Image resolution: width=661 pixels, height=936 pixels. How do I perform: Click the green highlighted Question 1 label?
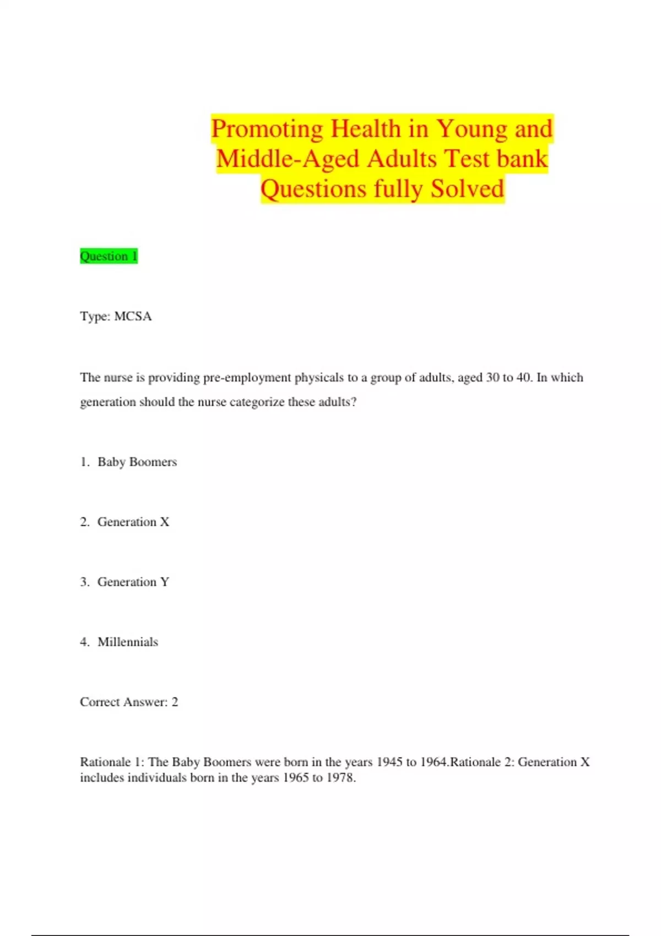point(109,256)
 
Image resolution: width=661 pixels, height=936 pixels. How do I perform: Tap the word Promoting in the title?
point(267,129)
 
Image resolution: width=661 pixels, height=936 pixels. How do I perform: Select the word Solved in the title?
point(467,189)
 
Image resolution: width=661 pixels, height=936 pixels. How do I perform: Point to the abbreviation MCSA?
point(133,317)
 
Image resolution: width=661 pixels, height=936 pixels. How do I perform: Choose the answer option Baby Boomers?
point(137,462)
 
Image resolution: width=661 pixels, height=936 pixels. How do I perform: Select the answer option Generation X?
point(133,522)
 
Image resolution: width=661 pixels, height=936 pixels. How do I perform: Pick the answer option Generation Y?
point(133,582)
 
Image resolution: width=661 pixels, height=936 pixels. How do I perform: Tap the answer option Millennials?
point(128,642)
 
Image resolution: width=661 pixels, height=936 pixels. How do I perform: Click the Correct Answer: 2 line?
point(129,702)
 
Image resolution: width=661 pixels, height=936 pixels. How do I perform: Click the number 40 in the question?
point(523,378)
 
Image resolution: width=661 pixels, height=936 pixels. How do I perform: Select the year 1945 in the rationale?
point(389,762)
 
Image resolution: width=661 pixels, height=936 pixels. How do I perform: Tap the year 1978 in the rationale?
point(340,778)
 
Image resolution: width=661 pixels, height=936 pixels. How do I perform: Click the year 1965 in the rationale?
point(296,778)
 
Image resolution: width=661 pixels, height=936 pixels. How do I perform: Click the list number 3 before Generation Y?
point(84,582)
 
